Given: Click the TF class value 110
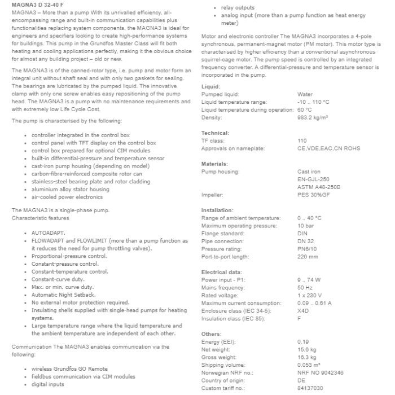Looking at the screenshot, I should [x=302, y=141].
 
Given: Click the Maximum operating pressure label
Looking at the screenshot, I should [x=240, y=226].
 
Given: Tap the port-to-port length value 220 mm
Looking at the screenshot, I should [x=308, y=257].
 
